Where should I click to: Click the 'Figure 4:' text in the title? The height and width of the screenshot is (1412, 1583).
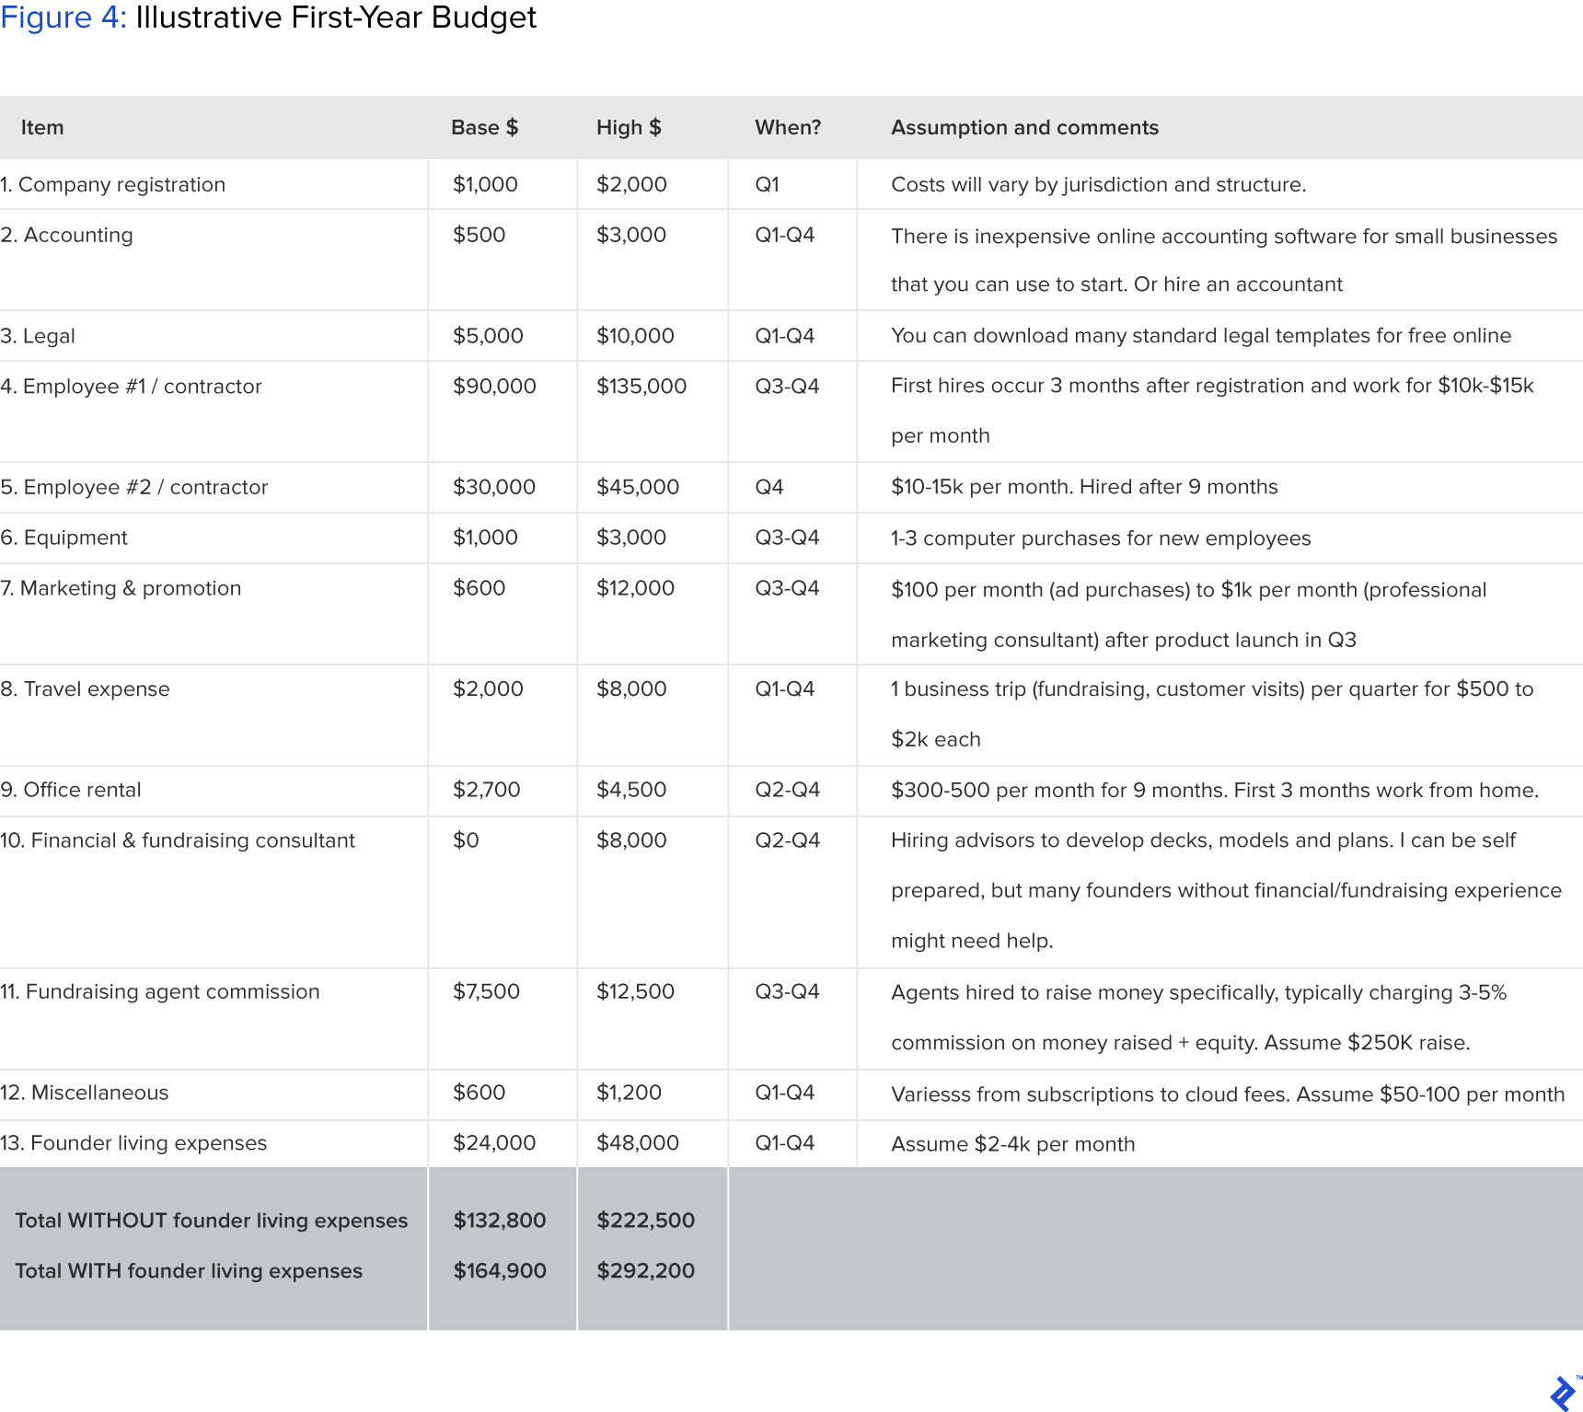click(64, 17)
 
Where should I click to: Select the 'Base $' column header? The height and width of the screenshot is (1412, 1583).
click(484, 128)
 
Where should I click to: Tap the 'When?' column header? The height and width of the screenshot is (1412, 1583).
click(788, 128)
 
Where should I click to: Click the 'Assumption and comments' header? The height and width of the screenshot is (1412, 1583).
click(1024, 128)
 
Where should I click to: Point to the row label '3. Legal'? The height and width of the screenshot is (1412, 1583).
click(39, 336)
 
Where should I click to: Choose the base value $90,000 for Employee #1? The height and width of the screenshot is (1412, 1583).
click(494, 387)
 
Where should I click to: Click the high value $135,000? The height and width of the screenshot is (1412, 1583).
click(641, 387)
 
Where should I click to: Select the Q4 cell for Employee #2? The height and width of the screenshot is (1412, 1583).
click(769, 487)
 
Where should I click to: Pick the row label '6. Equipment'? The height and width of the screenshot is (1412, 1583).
click(64, 538)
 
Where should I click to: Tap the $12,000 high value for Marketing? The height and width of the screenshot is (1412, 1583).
click(635, 588)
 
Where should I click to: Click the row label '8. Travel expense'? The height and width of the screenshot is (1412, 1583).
click(86, 689)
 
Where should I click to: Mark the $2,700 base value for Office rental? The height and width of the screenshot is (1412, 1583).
click(487, 790)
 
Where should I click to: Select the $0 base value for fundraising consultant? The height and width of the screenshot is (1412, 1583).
click(466, 840)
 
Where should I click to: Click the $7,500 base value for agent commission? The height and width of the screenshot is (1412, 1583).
click(486, 991)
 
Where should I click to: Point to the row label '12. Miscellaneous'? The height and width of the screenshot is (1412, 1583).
click(85, 1093)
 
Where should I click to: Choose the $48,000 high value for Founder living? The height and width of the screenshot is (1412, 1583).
click(638, 1143)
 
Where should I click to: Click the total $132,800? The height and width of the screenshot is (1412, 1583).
click(500, 1221)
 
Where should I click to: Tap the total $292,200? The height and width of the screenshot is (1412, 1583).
click(646, 1271)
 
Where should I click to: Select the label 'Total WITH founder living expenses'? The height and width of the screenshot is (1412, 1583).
click(189, 1271)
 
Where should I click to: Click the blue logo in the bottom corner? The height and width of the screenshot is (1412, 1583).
click(1563, 1394)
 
